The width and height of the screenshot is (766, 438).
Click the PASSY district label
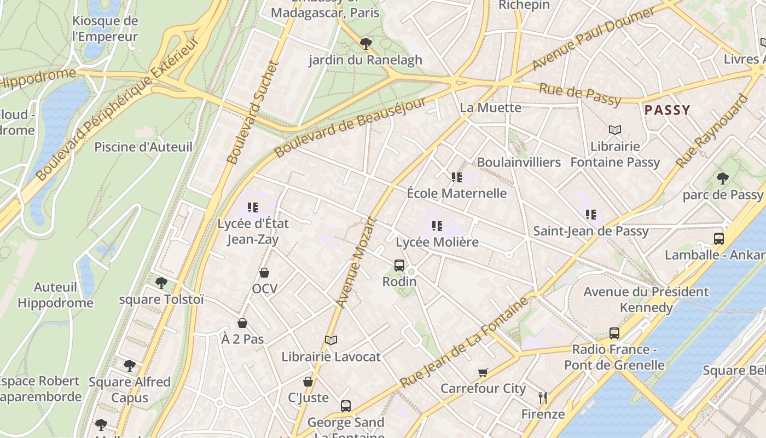click(x=667, y=110)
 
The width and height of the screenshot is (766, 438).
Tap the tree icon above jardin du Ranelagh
click(x=365, y=43)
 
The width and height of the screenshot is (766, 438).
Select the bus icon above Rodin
click(x=399, y=266)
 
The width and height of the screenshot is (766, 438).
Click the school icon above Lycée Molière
click(x=437, y=226)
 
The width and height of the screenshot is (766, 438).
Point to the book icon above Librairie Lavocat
click(x=330, y=341)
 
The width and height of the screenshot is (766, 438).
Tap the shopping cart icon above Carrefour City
click(x=483, y=373)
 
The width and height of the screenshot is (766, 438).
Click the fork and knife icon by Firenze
click(x=543, y=398)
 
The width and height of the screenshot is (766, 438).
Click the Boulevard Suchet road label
click(x=253, y=112)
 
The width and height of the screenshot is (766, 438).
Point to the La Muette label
click(x=490, y=107)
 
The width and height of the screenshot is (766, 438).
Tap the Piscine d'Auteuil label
click(x=143, y=147)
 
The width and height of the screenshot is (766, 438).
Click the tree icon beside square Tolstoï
click(x=161, y=283)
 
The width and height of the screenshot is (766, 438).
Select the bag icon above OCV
click(x=264, y=273)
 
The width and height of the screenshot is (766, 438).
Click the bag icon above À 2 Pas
click(x=242, y=324)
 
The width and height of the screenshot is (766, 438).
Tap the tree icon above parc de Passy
click(x=722, y=178)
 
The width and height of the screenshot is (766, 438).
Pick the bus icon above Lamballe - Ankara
click(x=718, y=239)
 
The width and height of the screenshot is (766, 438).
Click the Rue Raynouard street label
click(x=711, y=131)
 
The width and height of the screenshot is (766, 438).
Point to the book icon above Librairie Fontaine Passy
click(x=615, y=130)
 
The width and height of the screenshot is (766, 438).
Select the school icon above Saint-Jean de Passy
click(x=590, y=215)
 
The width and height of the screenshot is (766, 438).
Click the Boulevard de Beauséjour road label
click(x=350, y=128)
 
